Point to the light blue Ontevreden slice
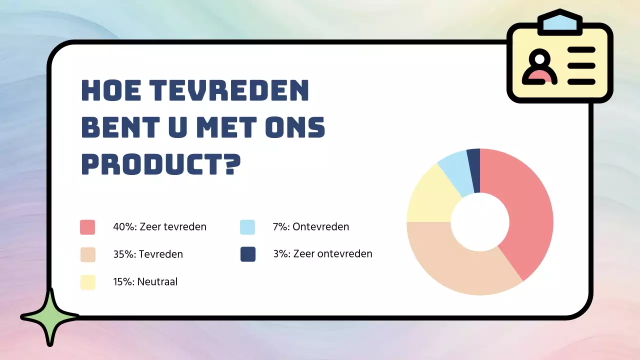pos(456,172)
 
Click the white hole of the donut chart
pos(480,221)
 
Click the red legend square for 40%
pos(87,227)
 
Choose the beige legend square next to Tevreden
pos(87,254)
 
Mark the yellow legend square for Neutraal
pos(87,282)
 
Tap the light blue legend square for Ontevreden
pos(247,227)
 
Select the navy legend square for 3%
pos(247,254)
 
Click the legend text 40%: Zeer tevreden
pos(159,227)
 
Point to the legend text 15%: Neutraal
pos(145,282)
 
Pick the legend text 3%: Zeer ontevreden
pos(322,254)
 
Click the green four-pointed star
pos(49,317)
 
